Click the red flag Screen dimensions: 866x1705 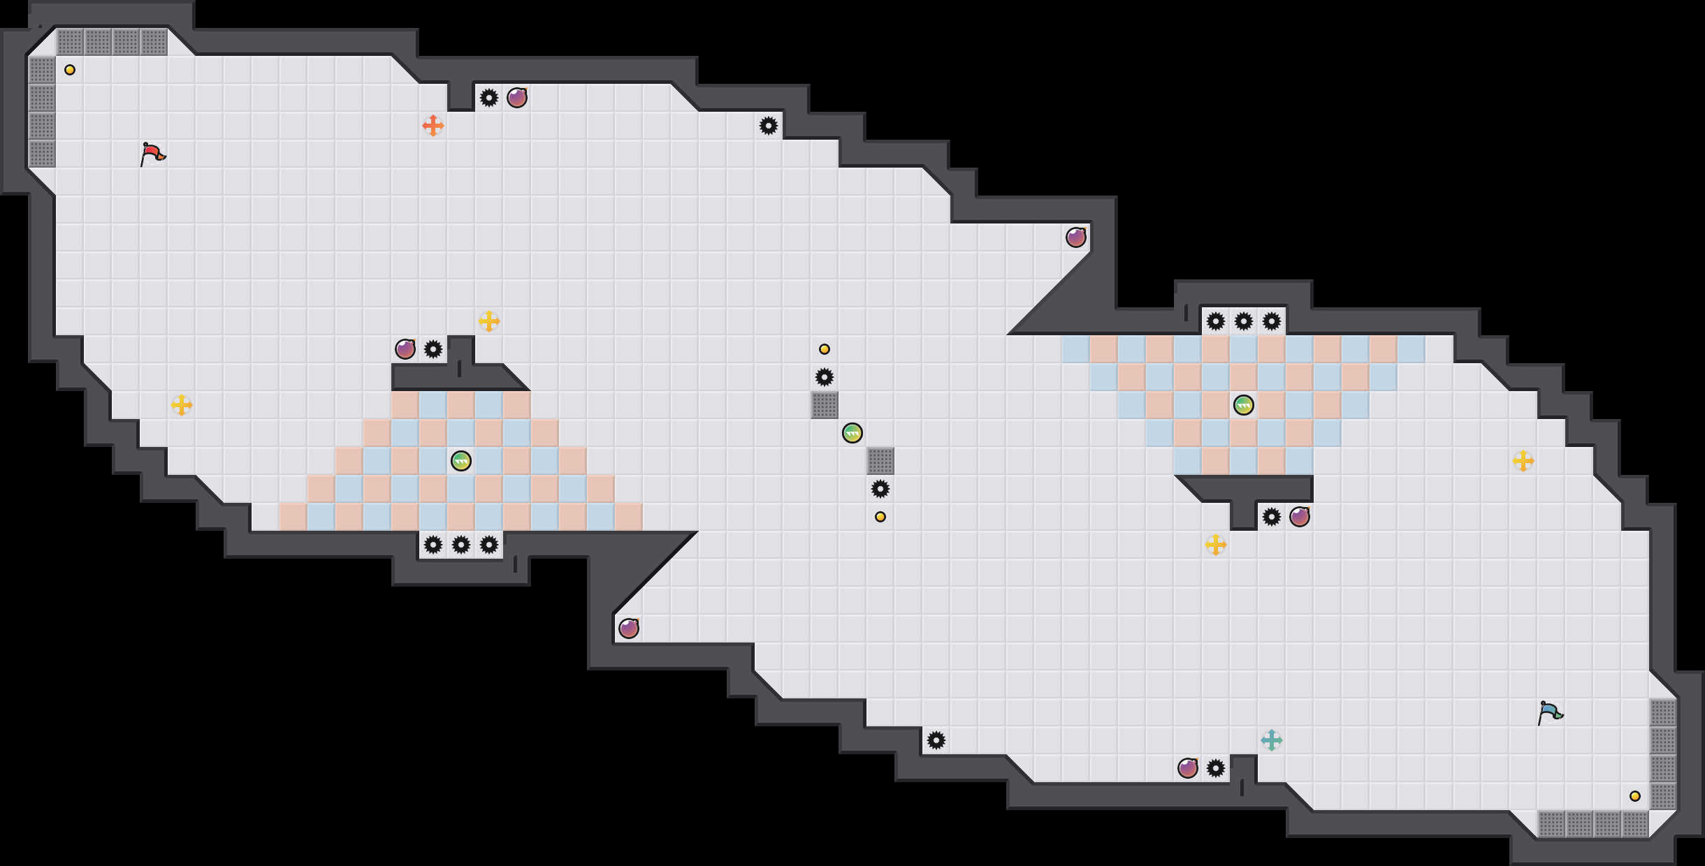coord(152,154)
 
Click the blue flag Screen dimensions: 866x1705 coord(1550,712)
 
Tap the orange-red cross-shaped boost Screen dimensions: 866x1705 coord(433,126)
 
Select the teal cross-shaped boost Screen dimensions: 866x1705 coord(1272,740)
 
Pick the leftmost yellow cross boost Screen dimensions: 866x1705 coord(182,405)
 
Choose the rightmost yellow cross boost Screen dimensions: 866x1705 coord(1523,461)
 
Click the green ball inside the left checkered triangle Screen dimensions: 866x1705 coord(461,461)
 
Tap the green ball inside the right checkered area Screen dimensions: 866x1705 coord(1244,405)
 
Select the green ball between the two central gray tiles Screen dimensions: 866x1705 coord(852,433)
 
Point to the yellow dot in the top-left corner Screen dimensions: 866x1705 coord(70,70)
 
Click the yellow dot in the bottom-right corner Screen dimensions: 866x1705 coord(1635,796)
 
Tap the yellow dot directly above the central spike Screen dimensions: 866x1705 coord(825,349)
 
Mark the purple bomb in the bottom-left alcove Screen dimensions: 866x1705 coord(629,629)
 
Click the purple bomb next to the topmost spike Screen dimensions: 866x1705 coord(517,98)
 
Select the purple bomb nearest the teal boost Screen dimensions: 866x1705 coord(1188,768)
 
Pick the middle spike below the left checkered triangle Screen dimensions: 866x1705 coord(461,545)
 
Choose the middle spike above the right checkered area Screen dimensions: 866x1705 coord(1244,321)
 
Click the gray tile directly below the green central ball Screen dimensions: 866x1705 coord(880,461)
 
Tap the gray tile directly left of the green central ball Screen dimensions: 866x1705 coord(825,405)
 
